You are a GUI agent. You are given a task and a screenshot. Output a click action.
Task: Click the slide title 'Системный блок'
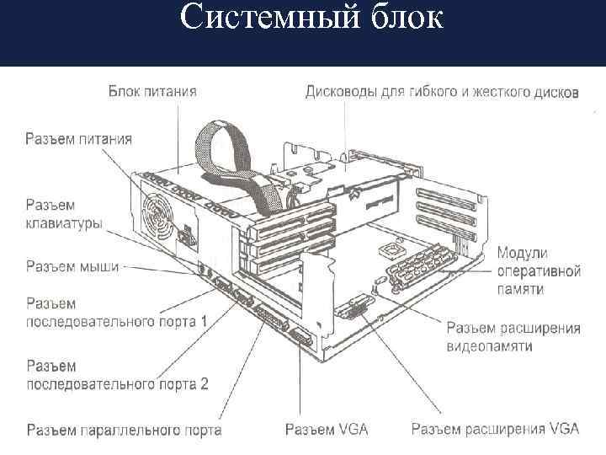point(311,17)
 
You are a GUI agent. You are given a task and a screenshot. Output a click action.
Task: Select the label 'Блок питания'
point(152,91)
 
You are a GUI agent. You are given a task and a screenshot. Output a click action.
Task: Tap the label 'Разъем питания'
point(78,139)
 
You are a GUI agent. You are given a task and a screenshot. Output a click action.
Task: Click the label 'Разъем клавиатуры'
point(64,214)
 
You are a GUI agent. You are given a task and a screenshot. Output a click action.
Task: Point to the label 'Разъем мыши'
point(72,265)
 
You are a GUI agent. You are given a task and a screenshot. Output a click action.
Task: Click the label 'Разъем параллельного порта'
point(124,430)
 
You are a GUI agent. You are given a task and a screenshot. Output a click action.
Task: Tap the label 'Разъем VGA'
point(327,430)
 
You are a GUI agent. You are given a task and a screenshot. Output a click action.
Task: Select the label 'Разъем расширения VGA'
point(495,430)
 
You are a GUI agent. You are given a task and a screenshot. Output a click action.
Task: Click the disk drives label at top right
point(441,91)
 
